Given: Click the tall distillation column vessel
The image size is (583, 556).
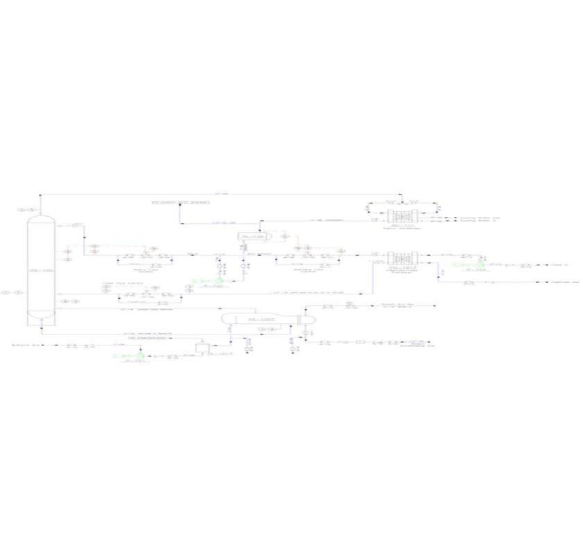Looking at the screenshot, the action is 41,270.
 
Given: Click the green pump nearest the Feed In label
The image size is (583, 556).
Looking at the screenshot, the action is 478,264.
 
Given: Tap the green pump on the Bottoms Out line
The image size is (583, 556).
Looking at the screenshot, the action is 123,356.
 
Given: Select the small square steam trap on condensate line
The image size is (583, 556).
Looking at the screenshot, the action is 360,342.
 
